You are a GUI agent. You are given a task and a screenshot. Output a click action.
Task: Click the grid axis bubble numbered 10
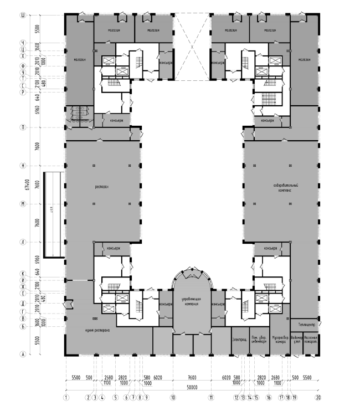pos(172,397)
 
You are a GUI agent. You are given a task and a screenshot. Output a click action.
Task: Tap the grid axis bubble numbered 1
pos(66,397)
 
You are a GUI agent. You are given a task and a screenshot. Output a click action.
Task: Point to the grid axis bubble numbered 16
pos(269,397)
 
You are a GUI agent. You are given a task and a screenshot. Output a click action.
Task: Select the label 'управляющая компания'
pos(191,301)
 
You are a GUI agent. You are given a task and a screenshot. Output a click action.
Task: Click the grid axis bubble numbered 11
pos(211,397)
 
